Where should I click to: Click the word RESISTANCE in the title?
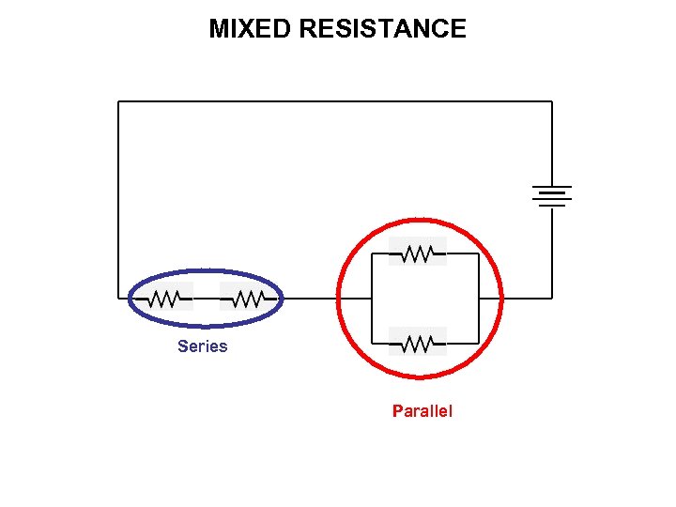[x=382, y=29]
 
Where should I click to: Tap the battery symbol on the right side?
[x=551, y=196]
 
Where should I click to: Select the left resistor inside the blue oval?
[x=164, y=299]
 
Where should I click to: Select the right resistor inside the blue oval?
[x=247, y=299]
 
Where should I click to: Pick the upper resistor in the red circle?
[x=418, y=253]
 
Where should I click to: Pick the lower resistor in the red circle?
[x=418, y=344]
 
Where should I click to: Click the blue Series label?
[x=202, y=346]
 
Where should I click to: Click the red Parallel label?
[x=422, y=411]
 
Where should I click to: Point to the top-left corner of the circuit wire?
[x=118, y=101]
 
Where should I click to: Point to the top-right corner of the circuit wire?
[x=552, y=101]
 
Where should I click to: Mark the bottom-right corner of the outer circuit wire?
[x=552, y=299]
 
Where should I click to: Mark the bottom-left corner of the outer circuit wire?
[x=118, y=299]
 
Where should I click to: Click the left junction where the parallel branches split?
[x=374, y=299]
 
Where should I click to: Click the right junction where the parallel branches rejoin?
[x=480, y=299]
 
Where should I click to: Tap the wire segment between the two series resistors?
[x=207, y=299]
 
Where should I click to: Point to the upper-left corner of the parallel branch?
[x=374, y=253]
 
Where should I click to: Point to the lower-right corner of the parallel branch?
[x=480, y=344]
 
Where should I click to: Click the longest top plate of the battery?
[x=551, y=186]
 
